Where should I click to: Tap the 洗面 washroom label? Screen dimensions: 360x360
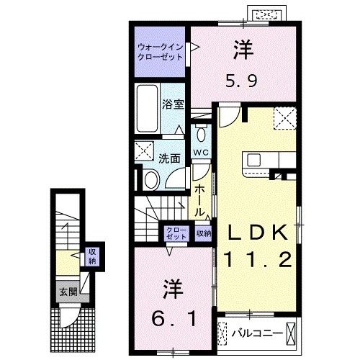(x=169, y=158)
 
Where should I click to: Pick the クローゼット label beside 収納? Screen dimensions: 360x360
(x=174, y=233)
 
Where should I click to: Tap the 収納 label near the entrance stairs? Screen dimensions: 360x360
(x=92, y=256)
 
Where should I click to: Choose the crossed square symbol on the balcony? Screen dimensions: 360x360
(x=291, y=333)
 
